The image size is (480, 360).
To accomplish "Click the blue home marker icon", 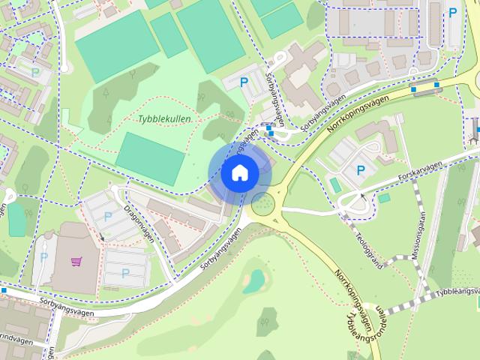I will point(239,173).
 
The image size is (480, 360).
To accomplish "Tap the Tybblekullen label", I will point(165,119).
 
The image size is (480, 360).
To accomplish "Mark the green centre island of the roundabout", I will point(262,202).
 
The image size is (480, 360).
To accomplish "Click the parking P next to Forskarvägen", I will point(361,170).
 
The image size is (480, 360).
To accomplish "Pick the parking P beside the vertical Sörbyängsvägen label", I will point(243,83).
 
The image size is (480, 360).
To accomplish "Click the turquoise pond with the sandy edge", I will point(254,282).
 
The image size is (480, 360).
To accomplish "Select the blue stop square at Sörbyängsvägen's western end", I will point(4,290).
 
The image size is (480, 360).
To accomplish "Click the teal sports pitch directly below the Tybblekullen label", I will point(150,158).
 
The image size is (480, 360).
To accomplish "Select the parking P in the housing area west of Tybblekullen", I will point(35,72).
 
